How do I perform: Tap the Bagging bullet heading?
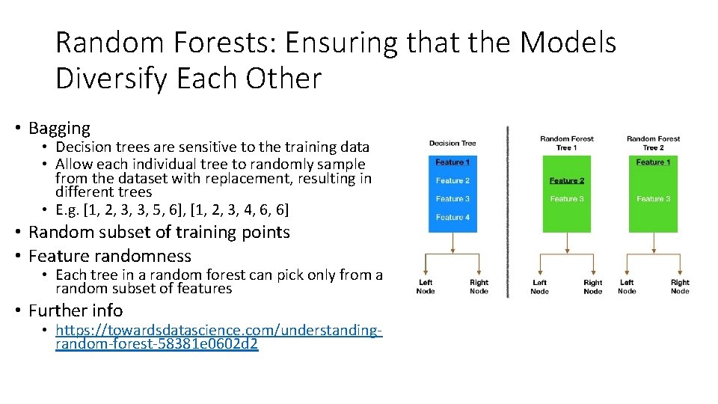59,128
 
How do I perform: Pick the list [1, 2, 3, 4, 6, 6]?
242,209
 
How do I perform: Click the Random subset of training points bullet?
159,232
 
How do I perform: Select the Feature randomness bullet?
109,255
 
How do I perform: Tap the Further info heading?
76,310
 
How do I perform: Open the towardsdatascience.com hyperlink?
218,337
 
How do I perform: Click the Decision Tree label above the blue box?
452,143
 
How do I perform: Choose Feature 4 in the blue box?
452,217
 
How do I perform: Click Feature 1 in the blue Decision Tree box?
452,162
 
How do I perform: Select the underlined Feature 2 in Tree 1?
567,180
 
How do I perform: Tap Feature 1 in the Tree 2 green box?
653,162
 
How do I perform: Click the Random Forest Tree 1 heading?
567,143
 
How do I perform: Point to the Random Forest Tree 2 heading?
653,143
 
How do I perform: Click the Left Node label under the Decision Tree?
426,287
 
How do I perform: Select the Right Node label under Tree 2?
680,287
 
